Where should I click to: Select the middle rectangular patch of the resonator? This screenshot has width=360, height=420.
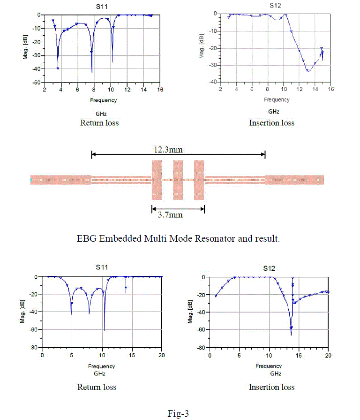178,180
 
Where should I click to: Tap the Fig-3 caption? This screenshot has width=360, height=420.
178,413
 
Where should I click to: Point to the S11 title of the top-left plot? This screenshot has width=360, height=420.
103,6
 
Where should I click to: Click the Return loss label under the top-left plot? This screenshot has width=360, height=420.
99,123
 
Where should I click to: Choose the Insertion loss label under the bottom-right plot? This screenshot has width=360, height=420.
271,387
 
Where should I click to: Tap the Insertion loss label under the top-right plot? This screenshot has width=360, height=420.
272,123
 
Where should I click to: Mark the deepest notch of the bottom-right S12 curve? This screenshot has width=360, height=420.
291,334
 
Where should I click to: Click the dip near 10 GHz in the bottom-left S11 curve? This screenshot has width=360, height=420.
104,330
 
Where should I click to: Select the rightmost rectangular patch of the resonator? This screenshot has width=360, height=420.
199,180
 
